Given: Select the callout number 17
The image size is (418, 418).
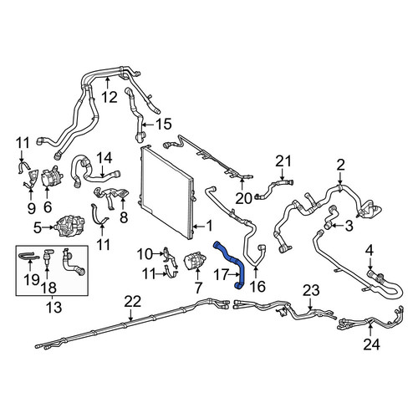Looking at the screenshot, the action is pyautogui.click(x=222, y=275).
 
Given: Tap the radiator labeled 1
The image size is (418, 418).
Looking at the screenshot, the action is pyautogui.click(x=166, y=192).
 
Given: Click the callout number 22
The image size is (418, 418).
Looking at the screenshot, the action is pyautogui.click(x=133, y=302).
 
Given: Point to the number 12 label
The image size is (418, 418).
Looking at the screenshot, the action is pyautogui.click(x=110, y=97).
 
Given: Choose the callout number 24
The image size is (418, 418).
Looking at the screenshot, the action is pyautogui.click(x=371, y=344).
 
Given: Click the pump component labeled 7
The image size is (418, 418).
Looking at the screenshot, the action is pyautogui.click(x=195, y=260).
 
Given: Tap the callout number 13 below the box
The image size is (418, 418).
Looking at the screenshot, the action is pyautogui.click(x=54, y=308).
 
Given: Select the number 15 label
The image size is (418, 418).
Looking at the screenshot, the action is pyautogui.click(x=164, y=124).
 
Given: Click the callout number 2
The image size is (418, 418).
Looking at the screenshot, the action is pyautogui.click(x=340, y=165).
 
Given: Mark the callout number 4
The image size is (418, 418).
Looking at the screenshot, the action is pyautogui.click(x=369, y=251).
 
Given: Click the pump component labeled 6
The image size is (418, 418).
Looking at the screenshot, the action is pyautogui.click(x=52, y=178).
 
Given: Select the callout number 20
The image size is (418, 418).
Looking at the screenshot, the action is pyautogui.click(x=243, y=199).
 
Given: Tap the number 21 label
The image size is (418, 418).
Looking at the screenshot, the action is pyautogui.click(x=283, y=161).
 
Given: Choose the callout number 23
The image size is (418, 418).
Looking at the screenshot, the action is pyautogui.click(x=311, y=291).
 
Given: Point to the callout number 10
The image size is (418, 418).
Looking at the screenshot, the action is pyautogui.click(x=145, y=254).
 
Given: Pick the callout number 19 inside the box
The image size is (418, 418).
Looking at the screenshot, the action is pyautogui.click(x=31, y=279).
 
